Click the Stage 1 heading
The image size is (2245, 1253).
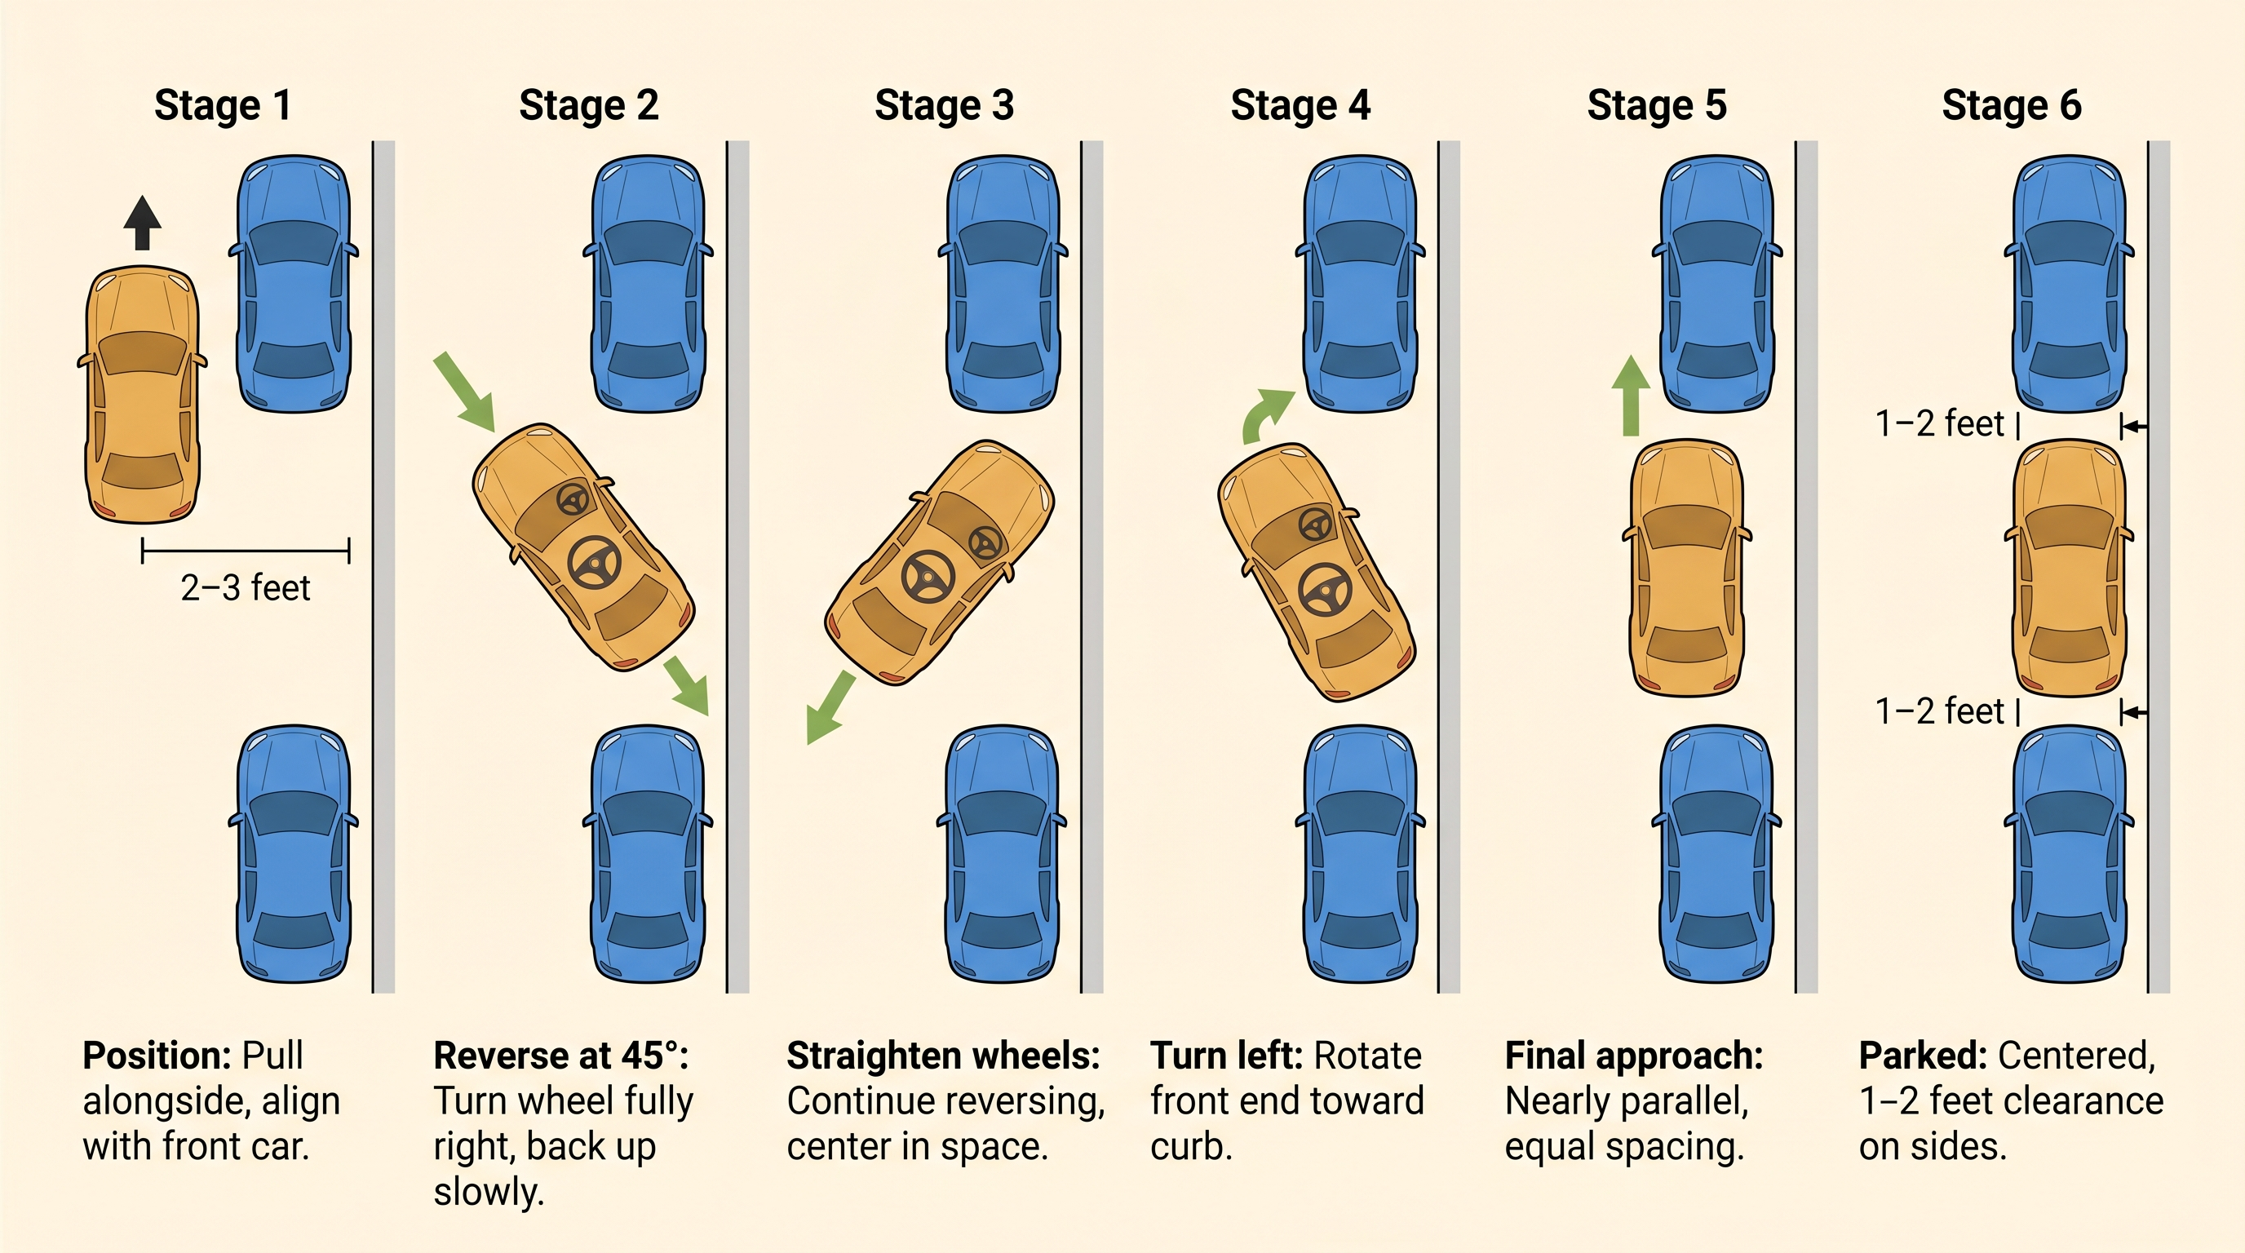[222, 105]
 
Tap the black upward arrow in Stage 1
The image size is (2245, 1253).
[142, 223]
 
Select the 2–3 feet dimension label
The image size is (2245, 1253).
[245, 588]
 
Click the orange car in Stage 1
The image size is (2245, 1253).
[142, 394]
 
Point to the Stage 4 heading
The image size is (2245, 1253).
[1300, 105]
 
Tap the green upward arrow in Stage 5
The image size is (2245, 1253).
[1631, 396]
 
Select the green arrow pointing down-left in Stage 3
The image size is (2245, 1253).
[829, 707]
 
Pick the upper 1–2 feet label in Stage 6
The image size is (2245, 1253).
[1939, 424]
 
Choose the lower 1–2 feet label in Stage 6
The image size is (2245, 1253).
[1939, 712]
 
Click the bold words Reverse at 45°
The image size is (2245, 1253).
[560, 1056]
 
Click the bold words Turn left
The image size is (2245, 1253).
[1225, 1056]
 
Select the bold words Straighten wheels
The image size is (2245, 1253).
[943, 1056]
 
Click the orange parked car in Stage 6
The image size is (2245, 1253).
[2069, 568]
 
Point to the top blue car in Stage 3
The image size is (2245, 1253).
[1003, 283]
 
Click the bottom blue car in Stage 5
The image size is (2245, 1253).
[1717, 854]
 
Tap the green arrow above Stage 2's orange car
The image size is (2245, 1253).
[464, 392]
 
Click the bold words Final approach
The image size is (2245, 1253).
[1633, 1056]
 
